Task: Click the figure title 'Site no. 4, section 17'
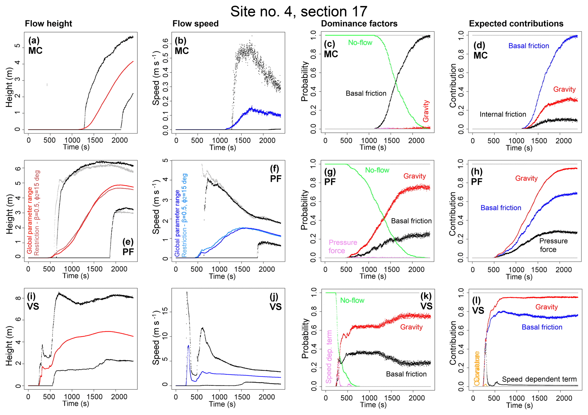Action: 299,12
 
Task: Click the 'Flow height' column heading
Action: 48,24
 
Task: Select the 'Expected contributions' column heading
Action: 516,24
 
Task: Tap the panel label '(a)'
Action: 34,40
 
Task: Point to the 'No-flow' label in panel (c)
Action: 360,43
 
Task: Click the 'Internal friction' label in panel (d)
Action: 503,114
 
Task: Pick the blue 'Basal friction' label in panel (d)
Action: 529,46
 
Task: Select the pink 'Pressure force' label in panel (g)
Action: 343,246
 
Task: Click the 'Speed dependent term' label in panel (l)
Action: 539,379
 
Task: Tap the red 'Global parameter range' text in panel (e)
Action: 30,220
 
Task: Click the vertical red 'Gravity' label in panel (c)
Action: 426,111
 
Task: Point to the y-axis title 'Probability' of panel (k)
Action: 305,338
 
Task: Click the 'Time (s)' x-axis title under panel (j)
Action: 222,404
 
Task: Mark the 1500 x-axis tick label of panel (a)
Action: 95,140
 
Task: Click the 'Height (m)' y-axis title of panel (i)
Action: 9,345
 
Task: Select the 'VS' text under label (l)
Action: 478,310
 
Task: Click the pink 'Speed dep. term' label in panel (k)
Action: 329,357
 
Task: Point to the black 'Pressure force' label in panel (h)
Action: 553,245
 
